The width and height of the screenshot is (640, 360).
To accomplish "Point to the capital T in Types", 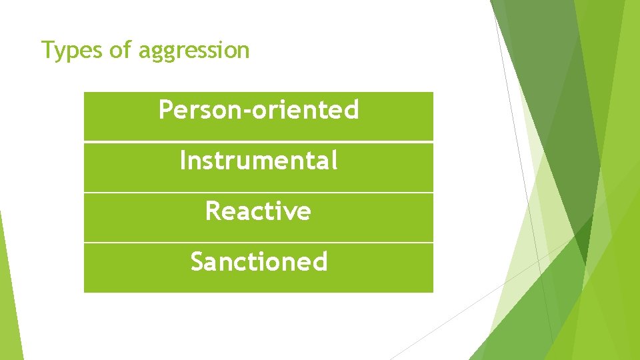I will point(47,49).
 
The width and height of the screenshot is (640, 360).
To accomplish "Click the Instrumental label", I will point(258,161).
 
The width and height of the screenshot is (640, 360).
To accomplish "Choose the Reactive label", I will point(258,211).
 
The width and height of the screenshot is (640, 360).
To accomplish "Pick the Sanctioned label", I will point(259,261).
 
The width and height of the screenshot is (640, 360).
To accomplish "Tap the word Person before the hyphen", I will point(202,110).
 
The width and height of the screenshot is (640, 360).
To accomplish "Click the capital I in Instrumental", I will point(183,161).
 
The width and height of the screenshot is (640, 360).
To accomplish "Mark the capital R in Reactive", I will point(213,211).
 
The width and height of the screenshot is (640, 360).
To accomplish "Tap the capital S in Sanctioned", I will point(198,261).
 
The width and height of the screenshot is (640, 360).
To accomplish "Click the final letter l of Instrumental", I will point(334,160).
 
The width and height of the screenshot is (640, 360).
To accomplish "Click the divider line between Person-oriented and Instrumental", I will point(258,141).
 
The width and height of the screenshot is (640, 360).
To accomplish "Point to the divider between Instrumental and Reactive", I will point(258,192).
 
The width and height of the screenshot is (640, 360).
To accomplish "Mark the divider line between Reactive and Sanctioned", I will point(258,242).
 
